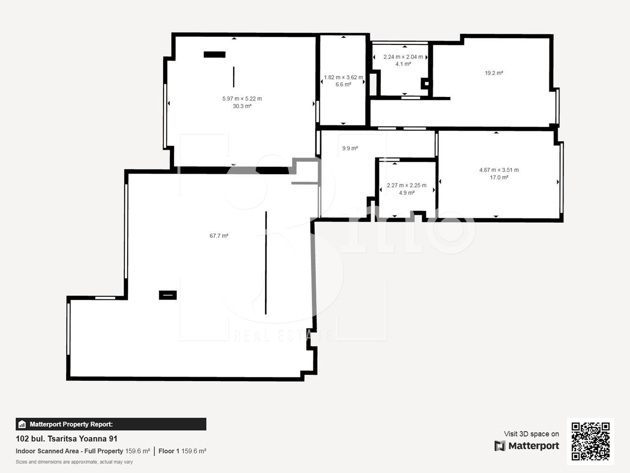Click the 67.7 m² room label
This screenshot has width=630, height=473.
[x=219, y=236]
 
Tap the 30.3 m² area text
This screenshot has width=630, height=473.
[x=242, y=106]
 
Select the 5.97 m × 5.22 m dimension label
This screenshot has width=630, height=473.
[x=242, y=98]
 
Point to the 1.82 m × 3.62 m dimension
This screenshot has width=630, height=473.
[x=343, y=77]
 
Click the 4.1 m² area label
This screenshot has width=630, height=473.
[x=403, y=64]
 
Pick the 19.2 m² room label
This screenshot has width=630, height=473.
[x=494, y=73]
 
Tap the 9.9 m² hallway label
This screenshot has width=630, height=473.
[x=350, y=148]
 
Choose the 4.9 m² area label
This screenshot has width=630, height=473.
[x=407, y=193]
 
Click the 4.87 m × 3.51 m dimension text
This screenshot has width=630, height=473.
[x=499, y=170]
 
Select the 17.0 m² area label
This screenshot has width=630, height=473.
[x=499, y=177]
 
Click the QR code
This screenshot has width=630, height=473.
[x=590, y=441]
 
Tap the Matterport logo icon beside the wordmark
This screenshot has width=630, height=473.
[x=500, y=446]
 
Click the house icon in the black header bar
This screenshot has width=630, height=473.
[x=22, y=424]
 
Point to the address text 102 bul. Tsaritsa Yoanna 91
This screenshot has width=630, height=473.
[x=67, y=438]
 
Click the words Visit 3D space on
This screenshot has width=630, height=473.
[x=531, y=434]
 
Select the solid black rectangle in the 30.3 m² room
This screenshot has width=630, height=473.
[x=215, y=54]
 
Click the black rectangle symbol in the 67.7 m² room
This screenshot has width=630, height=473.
[x=168, y=295]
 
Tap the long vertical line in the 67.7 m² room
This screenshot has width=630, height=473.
[x=266, y=263]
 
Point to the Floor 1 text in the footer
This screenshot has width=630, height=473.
[x=169, y=451]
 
